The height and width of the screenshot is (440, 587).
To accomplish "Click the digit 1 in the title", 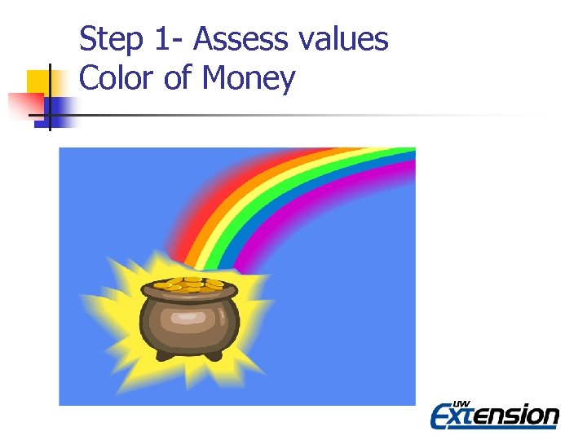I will pos(157,39).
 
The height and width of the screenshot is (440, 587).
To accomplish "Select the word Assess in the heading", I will pos(240,39).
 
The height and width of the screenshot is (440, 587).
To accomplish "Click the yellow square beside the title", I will pos(41,81).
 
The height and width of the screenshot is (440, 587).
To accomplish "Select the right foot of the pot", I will pos(214,355).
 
